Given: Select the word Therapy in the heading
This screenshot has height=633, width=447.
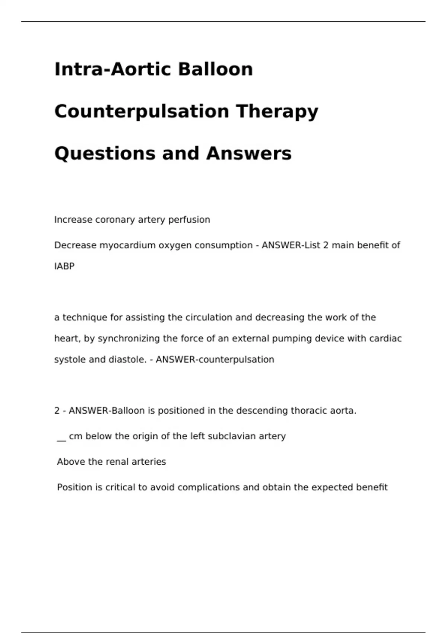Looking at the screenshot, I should pyautogui.click(x=277, y=111).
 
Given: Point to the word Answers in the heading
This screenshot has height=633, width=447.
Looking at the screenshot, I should pyautogui.click(x=248, y=153).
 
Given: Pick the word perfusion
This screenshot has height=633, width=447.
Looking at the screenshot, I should pyautogui.click(x=189, y=220).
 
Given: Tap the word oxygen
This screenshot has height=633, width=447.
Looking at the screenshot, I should pyautogui.click(x=175, y=245).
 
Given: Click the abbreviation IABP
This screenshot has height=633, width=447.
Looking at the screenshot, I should pyautogui.click(x=64, y=266).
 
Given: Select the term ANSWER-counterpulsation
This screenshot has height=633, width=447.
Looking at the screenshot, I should pyautogui.click(x=215, y=360).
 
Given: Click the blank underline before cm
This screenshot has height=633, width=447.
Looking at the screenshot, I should pyautogui.click(x=61, y=439).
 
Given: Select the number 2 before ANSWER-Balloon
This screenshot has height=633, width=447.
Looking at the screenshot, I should pyautogui.click(x=57, y=411).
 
